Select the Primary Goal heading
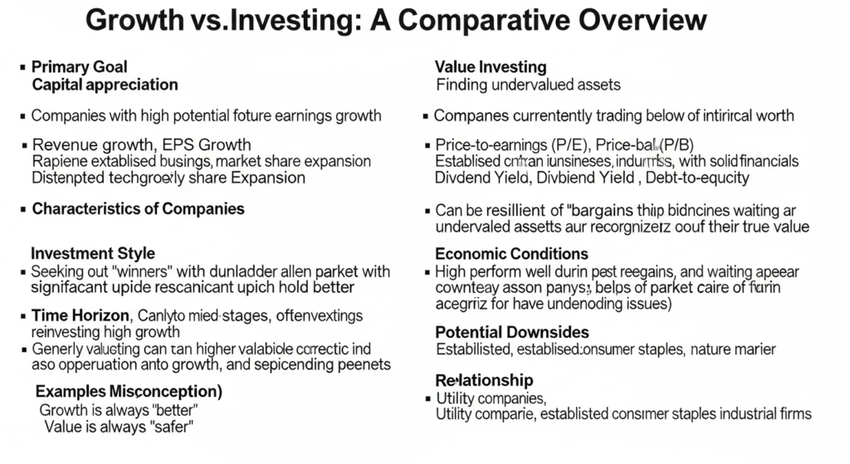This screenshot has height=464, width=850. coord(79,66)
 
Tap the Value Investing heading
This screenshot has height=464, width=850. coord(490,66)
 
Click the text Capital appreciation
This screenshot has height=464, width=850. coord(105,84)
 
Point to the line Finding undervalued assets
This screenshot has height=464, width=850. coord(528,84)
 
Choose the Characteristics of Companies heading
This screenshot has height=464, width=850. coord(138,208)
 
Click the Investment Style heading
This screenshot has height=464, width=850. coord(92,253)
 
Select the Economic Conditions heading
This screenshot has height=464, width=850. coord(511,253)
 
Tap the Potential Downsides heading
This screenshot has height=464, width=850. coord(512,332)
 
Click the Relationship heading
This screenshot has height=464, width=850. coord(484,379)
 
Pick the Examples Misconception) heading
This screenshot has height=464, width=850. coord(129,390)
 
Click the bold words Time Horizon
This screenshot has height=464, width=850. coord(80,315)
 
